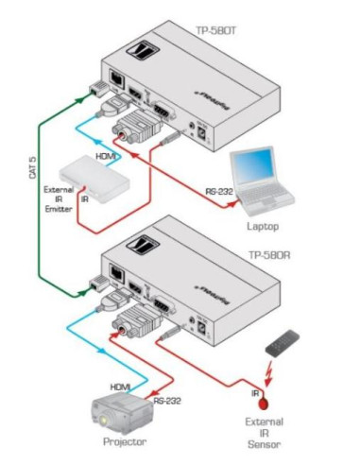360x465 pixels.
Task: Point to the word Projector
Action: (125, 442)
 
